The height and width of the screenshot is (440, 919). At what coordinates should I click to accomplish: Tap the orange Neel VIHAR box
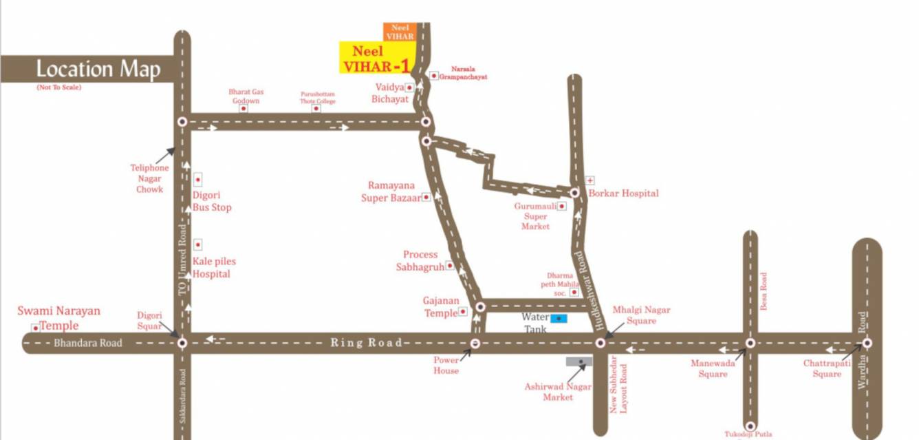tap(400, 32)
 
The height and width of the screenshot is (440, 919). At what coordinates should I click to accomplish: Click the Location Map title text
tap(98, 70)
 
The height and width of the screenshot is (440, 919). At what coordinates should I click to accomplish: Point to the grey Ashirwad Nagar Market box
tap(581, 361)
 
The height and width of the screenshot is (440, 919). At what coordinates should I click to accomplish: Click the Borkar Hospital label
tap(623, 193)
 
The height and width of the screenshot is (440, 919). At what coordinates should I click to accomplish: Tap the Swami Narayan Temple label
tap(58, 318)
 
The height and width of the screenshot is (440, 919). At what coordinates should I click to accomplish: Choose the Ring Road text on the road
tap(366, 343)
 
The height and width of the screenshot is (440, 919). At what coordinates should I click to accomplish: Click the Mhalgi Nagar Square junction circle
tap(600, 342)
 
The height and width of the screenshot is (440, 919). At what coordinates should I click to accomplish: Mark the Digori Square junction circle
tap(182, 342)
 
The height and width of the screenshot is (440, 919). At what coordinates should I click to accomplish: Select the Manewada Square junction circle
tap(750, 342)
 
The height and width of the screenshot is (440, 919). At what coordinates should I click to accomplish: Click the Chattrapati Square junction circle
tap(867, 342)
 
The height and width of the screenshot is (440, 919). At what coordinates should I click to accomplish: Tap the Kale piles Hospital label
tap(211, 268)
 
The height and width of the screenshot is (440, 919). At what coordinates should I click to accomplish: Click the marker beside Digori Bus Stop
tap(198, 180)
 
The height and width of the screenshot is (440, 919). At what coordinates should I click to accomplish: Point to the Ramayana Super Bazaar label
tap(391, 191)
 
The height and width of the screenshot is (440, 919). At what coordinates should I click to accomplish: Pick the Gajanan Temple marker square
tap(463, 311)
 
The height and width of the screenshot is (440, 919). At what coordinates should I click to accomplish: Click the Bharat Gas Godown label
tap(246, 96)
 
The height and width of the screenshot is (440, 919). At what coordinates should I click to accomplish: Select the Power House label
tap(446, 365)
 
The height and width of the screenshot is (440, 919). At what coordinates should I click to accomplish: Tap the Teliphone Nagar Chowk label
tap(149, 178)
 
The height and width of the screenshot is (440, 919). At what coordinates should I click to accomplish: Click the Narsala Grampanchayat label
tap(468, 73)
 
